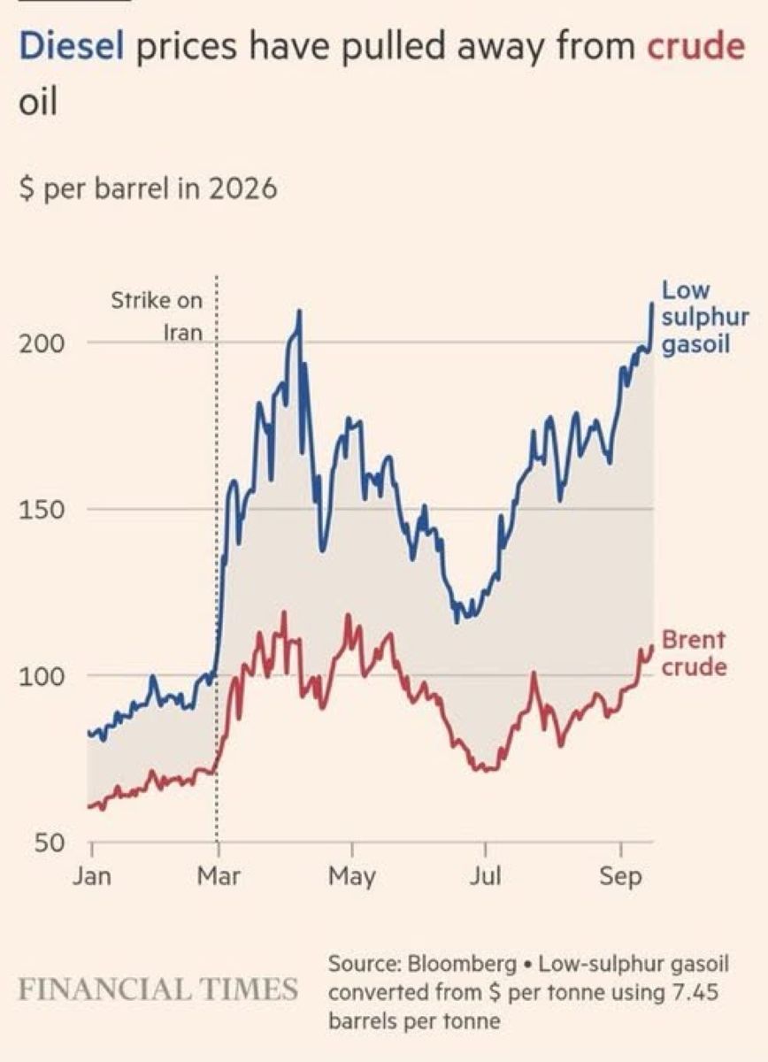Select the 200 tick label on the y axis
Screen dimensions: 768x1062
point(42,344)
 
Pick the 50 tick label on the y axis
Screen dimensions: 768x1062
point(49,843)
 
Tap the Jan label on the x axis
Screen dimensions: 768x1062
point(92,876)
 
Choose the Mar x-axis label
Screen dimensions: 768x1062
point(219,876)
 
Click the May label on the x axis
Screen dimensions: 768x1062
point(352,877)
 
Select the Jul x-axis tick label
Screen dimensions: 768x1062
point(485,876)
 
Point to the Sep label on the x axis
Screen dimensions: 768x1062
point(620,877)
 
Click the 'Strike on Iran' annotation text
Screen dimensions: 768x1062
point(157,317)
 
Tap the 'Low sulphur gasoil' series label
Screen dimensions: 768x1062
point(705,317)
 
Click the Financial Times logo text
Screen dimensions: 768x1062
point(158,989)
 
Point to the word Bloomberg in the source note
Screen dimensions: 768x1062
point(463,965)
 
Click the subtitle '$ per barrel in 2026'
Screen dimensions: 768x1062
point(148,189)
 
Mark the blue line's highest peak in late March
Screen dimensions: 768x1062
point(299,311)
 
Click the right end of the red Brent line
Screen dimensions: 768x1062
point(652,645)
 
